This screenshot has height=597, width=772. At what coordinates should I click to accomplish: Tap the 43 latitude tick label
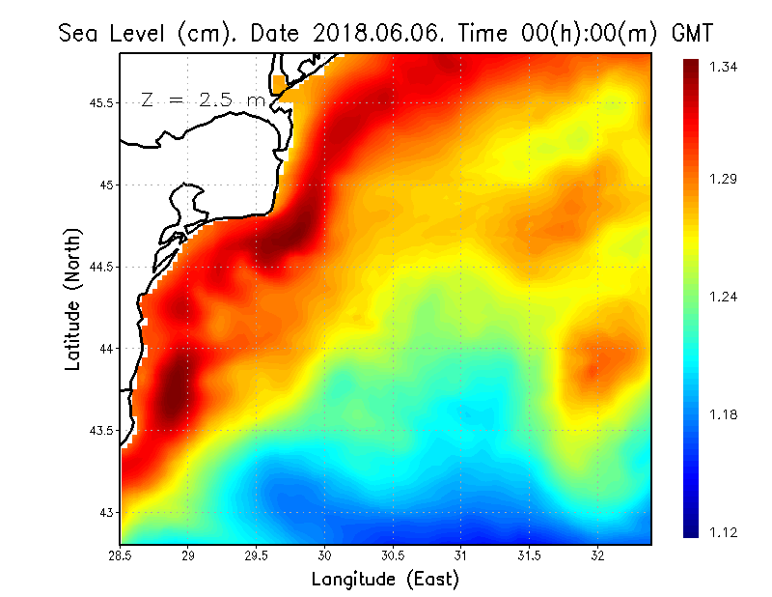click(106, 512)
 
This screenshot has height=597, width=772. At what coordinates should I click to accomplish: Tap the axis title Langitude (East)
click(385, 579)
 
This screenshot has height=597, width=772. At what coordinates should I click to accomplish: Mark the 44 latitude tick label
click(106, 349)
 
